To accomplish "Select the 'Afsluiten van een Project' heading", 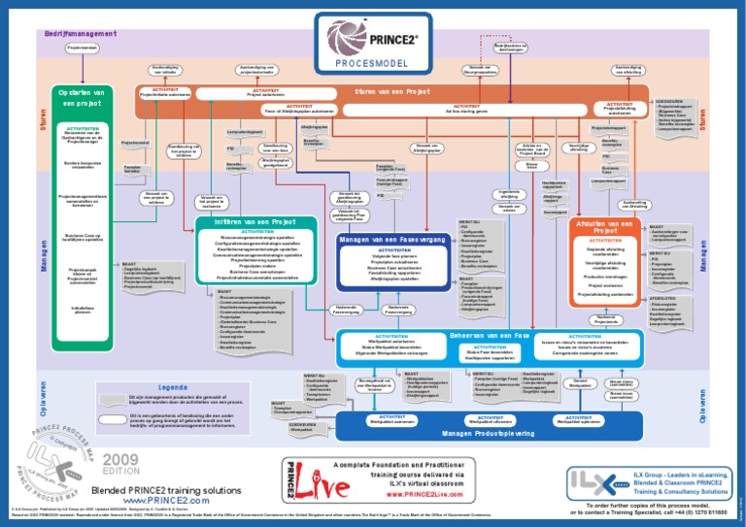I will coord(606,227).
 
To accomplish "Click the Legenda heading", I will coord(172,387).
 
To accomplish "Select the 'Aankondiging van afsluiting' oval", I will coord(627,70).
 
